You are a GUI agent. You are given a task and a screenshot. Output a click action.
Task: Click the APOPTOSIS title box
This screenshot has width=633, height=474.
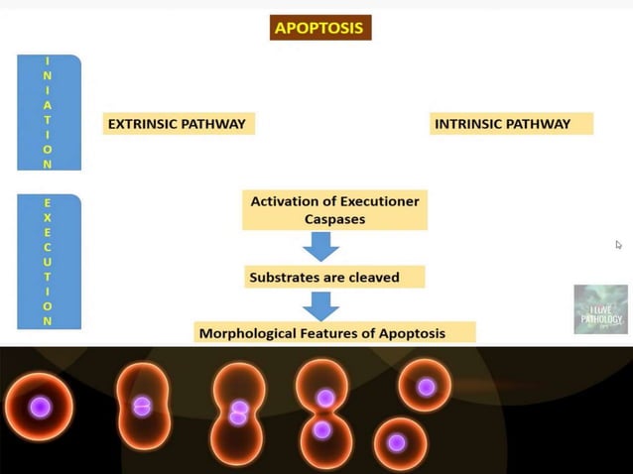319,28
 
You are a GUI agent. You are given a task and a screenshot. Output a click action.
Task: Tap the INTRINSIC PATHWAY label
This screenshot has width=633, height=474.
511,124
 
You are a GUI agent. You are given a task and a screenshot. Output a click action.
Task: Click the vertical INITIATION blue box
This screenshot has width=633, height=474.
49,112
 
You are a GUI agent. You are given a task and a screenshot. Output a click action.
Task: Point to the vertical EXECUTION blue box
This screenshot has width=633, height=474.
49,262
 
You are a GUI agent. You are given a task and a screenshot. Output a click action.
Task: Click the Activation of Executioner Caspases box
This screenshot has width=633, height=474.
334,210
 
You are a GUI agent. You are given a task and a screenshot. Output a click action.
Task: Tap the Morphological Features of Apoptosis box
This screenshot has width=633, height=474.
335,332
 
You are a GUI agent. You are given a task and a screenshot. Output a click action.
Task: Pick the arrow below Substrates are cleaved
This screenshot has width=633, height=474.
321,304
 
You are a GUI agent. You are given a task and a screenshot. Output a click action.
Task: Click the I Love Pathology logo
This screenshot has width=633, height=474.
600,309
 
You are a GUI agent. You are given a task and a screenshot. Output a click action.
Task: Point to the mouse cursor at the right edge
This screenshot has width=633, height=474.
618,245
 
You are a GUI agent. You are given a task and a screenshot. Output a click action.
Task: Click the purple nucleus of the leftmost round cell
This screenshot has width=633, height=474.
40,407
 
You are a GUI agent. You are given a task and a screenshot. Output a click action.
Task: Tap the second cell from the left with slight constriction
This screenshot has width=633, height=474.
143,406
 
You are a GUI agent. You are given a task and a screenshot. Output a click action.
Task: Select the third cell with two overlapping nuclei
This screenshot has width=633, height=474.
239,412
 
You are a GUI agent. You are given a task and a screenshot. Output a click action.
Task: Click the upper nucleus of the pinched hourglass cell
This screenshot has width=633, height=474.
324,398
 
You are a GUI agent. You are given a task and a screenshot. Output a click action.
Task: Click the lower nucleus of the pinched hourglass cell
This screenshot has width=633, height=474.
321,430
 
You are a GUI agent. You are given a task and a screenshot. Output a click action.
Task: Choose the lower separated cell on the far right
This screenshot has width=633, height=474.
398,442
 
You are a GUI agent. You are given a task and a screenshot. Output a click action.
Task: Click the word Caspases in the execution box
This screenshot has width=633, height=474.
335,220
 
